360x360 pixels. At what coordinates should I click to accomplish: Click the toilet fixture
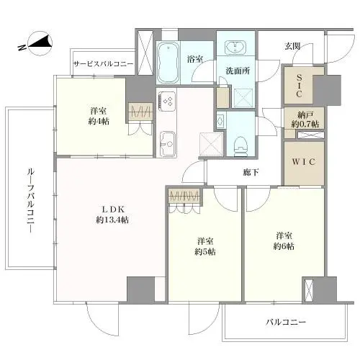[238, 143]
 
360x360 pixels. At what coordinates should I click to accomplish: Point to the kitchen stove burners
[167, 102]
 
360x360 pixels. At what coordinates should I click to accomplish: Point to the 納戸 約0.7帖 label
[302, 120]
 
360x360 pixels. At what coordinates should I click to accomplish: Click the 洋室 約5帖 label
[204, 246]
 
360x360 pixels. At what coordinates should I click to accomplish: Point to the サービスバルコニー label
[103, 64]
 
